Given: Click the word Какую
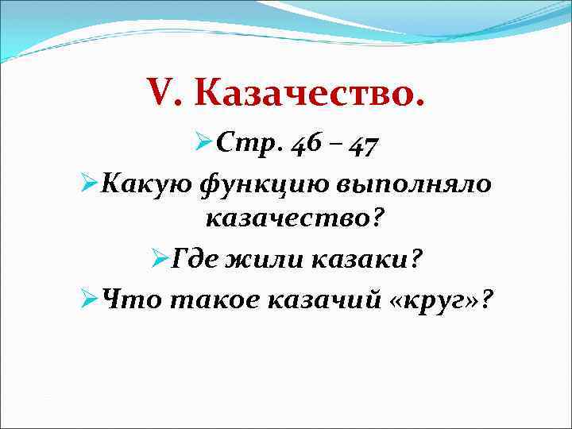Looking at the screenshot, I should [136, 185].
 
